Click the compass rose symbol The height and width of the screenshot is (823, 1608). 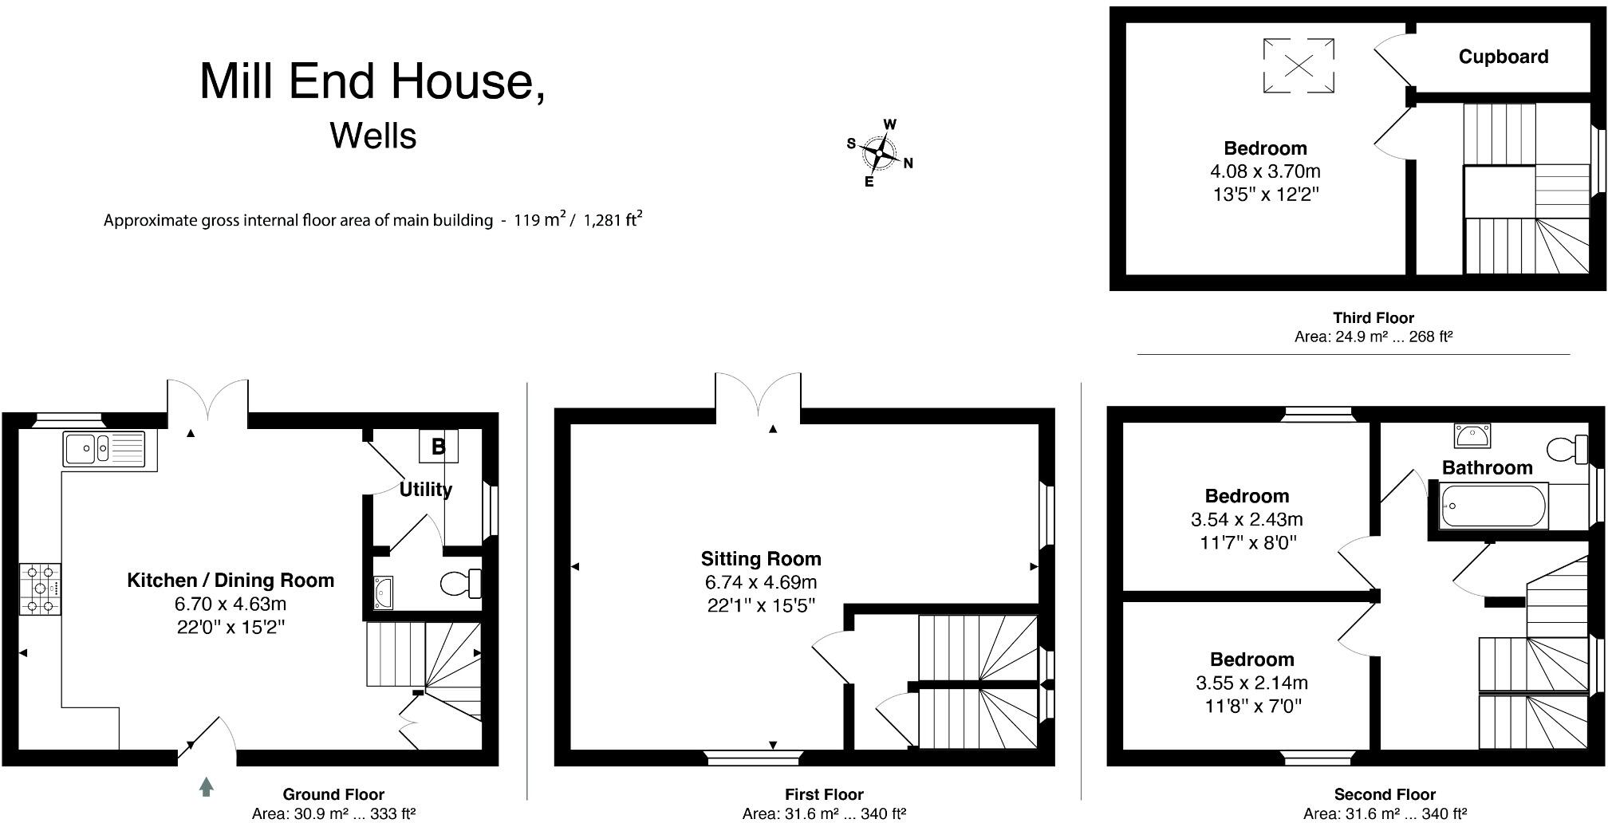pyautogui.click(x=879, y=152)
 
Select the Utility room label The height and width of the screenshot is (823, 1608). pyautogui.click(x=425, y=489)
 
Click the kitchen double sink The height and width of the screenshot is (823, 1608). pyautogui.click(x=104, y=449)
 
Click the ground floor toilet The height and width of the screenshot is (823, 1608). pyautogui.click(x=460, y=584)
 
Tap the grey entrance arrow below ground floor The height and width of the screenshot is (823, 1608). pyautogui.click(x=207, y=787)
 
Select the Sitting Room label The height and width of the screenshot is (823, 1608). pyautogui.click(x=761, y=559)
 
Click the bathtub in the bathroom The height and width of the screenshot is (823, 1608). pyautogui.click(x=1493, y=506)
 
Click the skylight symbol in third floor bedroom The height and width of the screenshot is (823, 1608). pyautogui.click(x=1299, y=65)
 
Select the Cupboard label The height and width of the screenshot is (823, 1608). pyautogui.click(x=1504, y=57)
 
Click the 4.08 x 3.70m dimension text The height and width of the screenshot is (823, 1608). pyautogui.click(x=1265, y=171)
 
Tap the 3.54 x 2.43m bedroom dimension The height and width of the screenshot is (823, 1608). pyautogui.click(x=1247, y=520)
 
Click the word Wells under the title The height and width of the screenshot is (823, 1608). pyautogui.click(x=373, y=136)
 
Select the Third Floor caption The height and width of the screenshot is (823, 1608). pyautogui.click(x=1373, y=317)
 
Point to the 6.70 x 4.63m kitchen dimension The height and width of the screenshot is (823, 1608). pyautogui.click(x=231, y=604)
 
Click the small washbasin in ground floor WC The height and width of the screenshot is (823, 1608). pyautogui.click(x=384, y=593)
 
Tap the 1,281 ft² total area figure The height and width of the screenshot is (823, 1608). pyautogui.click(x=613, y=220)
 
